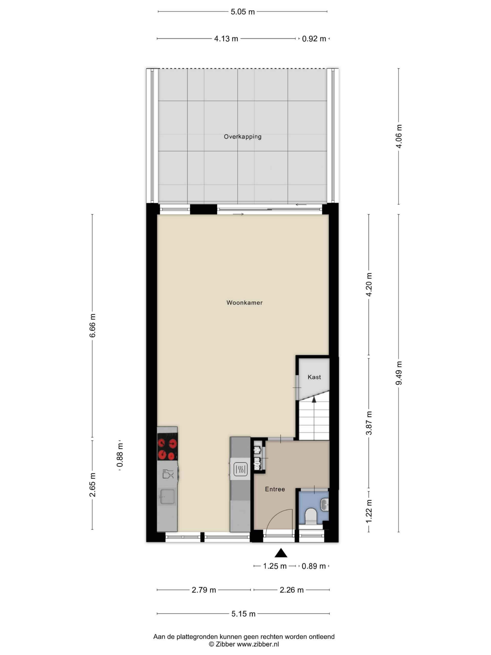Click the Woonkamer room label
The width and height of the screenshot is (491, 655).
tap(244, 303)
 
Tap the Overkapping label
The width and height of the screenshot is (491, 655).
tap(242, 137)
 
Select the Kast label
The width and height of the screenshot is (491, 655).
tap(314, 377)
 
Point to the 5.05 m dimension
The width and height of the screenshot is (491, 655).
tap(242, 12)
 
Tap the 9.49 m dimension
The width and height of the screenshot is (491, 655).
tap(399, 373)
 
